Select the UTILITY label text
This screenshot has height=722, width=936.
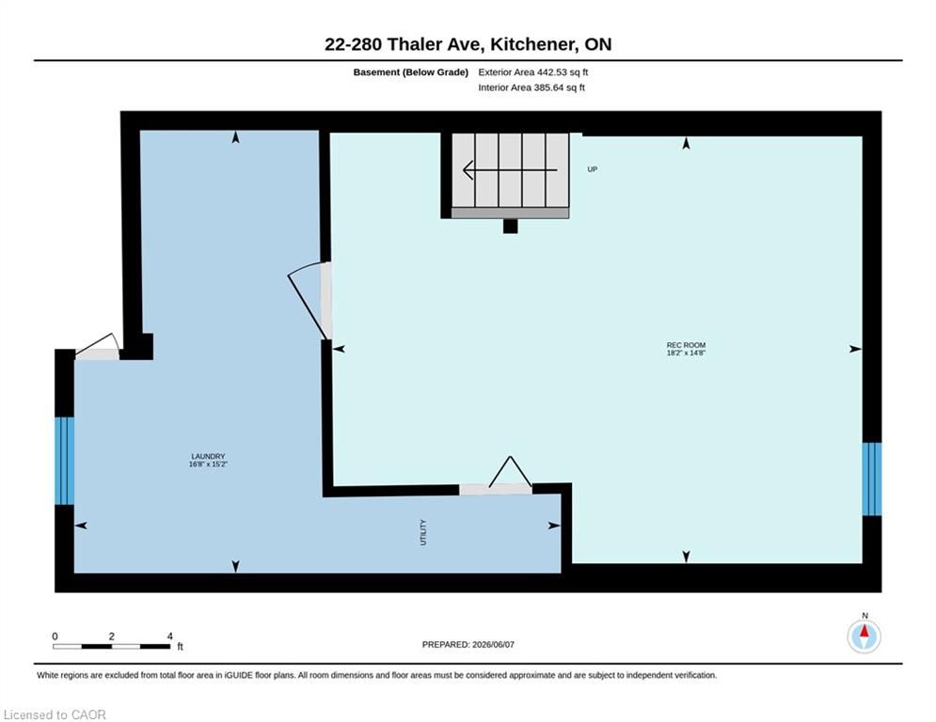tap(423, 532)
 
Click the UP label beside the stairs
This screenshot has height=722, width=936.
tap(592, 169)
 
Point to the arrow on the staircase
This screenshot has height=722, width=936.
tap(510, 170)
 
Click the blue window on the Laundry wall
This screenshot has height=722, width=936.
tap(65, 461)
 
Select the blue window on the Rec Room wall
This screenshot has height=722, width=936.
tap(871, 479)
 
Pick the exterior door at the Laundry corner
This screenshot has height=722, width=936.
tap(97, 349)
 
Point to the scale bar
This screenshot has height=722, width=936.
tap(112, 646)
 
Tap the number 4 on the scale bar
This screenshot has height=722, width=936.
tap(169, 636)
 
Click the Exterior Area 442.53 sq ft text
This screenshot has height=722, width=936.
tap(533, 72)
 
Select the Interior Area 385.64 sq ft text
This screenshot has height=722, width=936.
tap(531, 87)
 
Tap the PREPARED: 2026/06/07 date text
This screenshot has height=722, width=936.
tap(468, 644)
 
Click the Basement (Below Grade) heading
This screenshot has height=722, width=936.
tap(411, 72)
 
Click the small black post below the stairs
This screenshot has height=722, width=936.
tap(511, 227)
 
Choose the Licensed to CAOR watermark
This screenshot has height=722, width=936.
tap(55, 714)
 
